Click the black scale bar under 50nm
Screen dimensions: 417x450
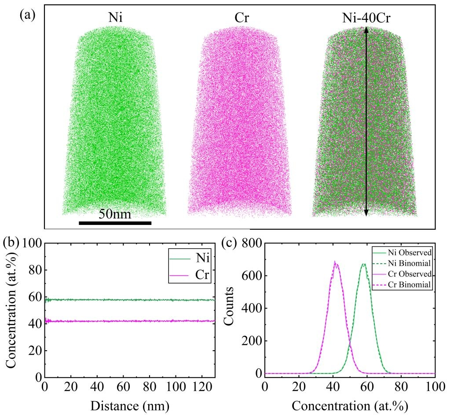tap(115, 223)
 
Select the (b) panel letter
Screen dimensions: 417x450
tap(11, 243)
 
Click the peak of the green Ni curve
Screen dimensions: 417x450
tap(364, 264)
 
